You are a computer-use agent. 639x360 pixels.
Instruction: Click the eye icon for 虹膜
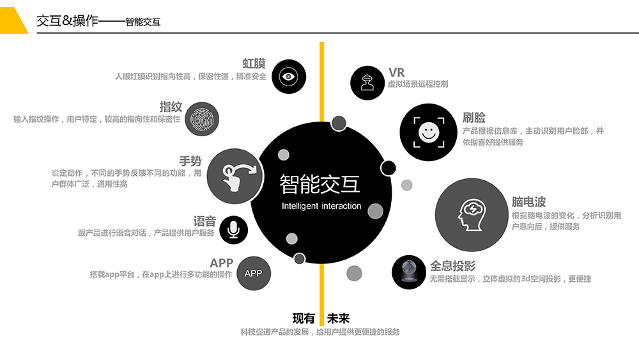(289, 77)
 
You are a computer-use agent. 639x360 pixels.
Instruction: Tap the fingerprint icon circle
(202, 119)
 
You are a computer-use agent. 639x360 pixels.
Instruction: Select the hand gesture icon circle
(235, 176)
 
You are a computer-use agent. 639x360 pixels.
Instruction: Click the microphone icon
(233, 230)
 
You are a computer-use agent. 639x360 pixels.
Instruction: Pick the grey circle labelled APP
(254, 273)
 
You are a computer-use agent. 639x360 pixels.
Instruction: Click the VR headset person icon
(367, 82)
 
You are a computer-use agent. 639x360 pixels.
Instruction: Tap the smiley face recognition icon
(429, 132)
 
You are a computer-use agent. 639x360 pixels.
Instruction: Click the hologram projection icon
(409, 272)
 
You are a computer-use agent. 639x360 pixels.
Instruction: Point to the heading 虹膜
(254, 63)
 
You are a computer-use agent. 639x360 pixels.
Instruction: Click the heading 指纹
(171, 107)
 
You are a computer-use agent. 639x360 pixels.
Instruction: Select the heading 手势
(190, 161)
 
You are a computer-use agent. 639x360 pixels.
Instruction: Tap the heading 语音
(204, 221)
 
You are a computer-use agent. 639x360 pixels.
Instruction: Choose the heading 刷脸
(474, 118)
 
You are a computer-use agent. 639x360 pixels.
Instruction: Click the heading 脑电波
(528, 202)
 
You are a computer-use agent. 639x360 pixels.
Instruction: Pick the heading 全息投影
(453, 266)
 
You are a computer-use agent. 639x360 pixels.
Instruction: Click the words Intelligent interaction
(321, 207)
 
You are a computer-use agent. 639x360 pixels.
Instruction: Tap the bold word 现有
(304, 318)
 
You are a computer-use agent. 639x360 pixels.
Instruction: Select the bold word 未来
(338, 318)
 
